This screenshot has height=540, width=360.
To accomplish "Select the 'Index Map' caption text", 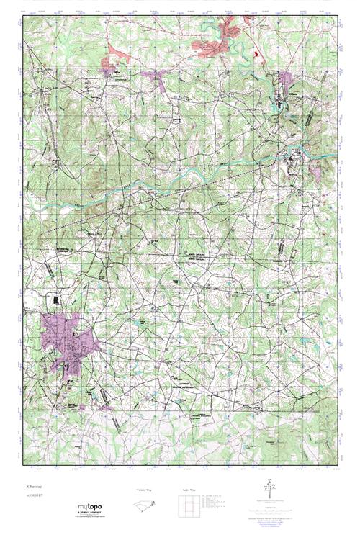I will coord(189,489).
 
